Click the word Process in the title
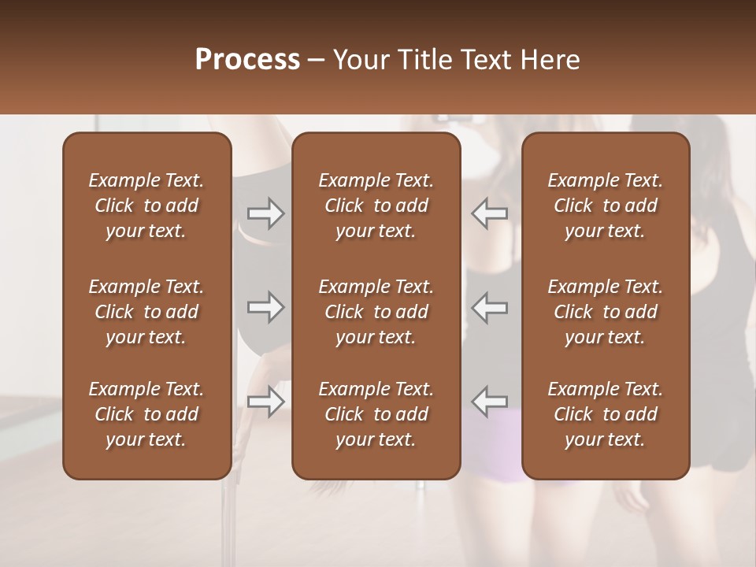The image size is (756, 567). click(x=247, y=60)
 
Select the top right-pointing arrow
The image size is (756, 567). click(x=265, y=213)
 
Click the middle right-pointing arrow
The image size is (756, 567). click(x=265, y=307)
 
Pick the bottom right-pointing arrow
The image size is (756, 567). click(x=265, y=402)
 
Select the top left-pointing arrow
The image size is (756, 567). click(x=490, y=213)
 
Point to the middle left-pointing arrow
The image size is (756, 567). click(x=490, y=307)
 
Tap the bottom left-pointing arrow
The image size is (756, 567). click(x=490, y=402)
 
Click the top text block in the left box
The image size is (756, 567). click(x=146, y=206)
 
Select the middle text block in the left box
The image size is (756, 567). click(x=146, y=312)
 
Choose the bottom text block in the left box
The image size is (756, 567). click(x=146, y=414)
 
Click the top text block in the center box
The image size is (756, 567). click(x=376, y=206)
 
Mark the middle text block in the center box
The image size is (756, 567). click(x=376, y=312)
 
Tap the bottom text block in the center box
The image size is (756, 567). click(x=376, y=414)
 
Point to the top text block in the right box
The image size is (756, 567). click(x=605, y=206)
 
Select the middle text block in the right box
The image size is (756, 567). click(x=605, y=312)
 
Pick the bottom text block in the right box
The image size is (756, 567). click(x=605, y=414)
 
